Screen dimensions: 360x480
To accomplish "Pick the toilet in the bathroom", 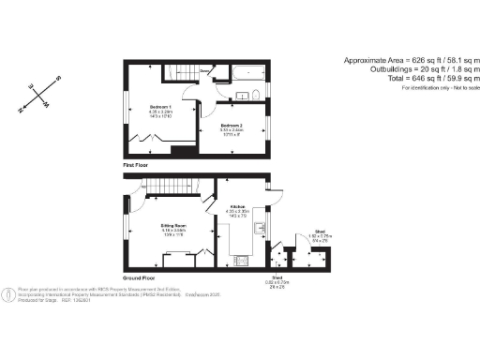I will [256, 94].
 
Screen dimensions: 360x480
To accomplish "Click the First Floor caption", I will [137, 164].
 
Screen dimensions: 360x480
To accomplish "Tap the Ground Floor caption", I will [139, 278].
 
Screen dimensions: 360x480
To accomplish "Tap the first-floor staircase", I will [180, 72].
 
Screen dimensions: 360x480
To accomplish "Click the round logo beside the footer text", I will [8, 293].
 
